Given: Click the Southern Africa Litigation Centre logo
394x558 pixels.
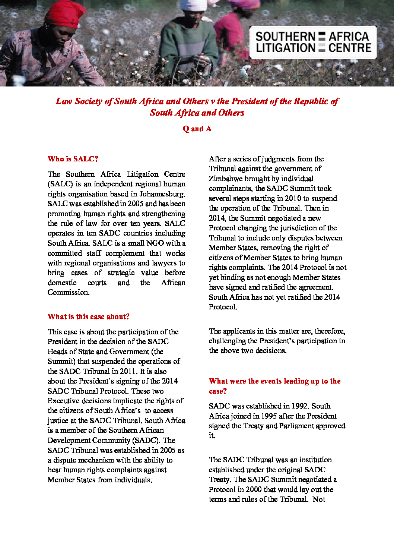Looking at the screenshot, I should point(313,42).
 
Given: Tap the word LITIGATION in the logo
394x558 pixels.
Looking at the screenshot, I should point(286,48).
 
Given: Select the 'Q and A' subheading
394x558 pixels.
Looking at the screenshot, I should point(197,129).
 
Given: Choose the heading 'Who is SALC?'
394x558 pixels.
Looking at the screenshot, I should point(73,159).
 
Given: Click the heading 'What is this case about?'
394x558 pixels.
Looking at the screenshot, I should point(89,317).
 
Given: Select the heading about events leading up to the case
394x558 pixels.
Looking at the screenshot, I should point(274,386).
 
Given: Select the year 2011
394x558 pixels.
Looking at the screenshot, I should point(127,371).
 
